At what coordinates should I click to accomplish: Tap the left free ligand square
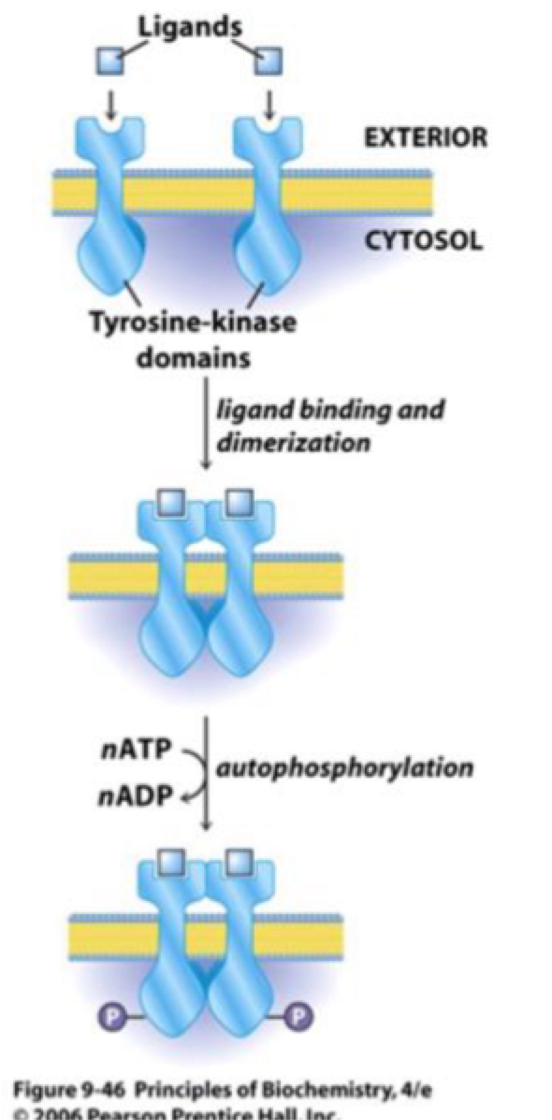click(x=110, y=61)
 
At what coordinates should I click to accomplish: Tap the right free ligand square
click(x=268, y=61)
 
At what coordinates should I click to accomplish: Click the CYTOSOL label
click(x=423, y=241)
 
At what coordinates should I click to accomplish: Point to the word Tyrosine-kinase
click(x=193, y=323)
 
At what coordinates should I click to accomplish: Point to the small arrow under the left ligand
click(x=112, y=104)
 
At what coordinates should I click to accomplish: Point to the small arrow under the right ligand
click(x=270, y=104)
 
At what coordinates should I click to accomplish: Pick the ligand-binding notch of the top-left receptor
click(x=112, y=126)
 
